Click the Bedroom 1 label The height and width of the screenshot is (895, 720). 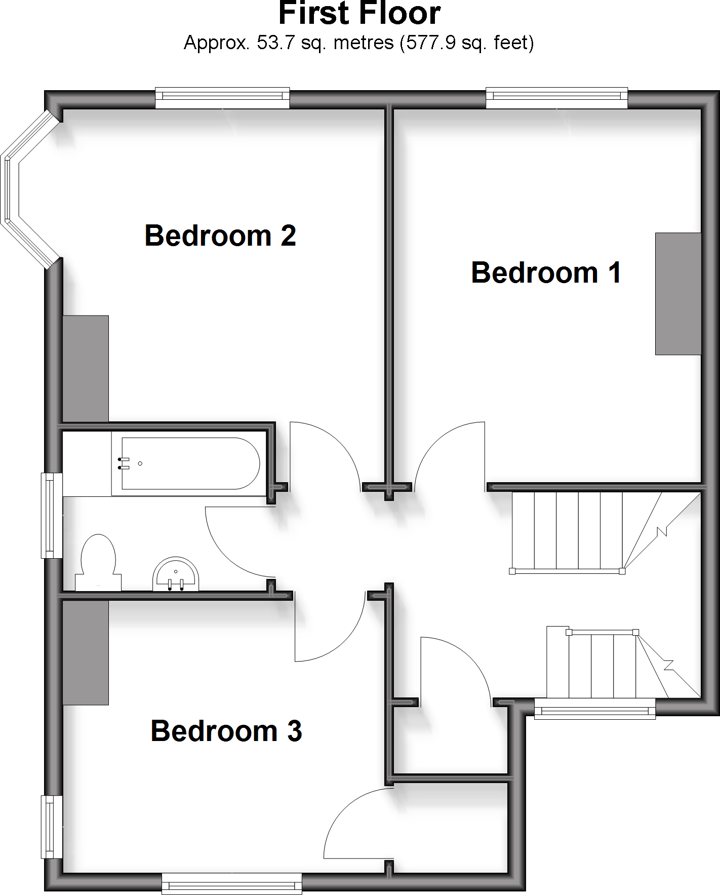tap(546, 273)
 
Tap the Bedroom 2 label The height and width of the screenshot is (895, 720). tap(220, 236)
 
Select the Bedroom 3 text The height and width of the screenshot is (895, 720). tap(226, 731)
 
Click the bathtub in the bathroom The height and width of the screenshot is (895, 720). tap(190, 463)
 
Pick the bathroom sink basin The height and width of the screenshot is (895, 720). tap(176, 575)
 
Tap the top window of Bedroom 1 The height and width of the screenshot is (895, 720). tap(556, 98)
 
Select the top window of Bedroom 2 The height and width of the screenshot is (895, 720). tap(222, 98)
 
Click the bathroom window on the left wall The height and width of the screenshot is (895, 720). tap(51, 515)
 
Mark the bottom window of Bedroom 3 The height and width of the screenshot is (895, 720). tap(231, 883)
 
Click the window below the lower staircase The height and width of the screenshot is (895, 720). tap(595, 709)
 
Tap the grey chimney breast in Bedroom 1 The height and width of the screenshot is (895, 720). tap(678, 294)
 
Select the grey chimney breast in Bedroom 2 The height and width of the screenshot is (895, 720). tap(86, 369)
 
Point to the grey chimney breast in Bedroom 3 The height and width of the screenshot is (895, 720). tap(86, 652)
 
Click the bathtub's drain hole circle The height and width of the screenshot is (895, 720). tap(140, 463)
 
